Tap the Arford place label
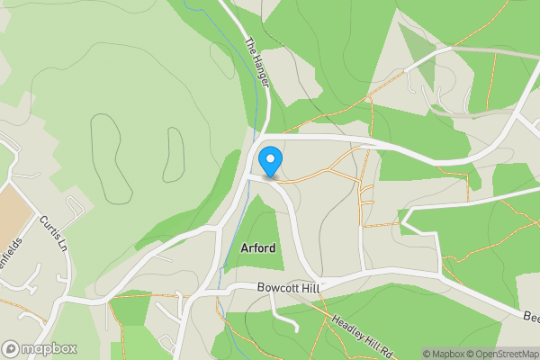click(258, 247)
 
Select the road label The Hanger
click(258, 62)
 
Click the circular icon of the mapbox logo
click(12, 348)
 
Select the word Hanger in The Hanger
click(262, 70)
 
